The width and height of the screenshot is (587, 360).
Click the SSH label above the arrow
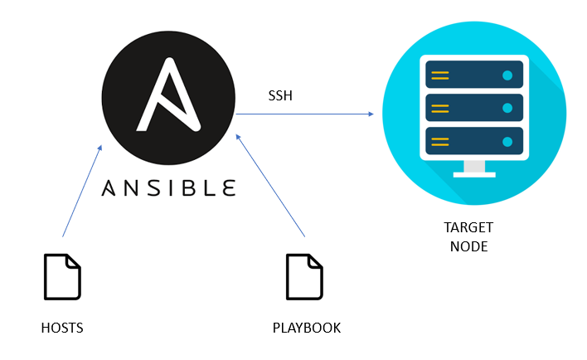tap(279, 96)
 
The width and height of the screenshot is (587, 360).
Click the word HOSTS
tap(62, 328)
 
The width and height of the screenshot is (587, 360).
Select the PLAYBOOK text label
tap(307, 328)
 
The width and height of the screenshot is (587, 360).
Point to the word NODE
tap(468, 247)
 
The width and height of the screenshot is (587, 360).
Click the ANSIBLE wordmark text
tap(168, 187)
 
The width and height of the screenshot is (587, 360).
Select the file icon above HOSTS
tap(63, 276)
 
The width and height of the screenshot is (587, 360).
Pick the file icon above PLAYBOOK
tap(304, 276)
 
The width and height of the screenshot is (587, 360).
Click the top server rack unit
tap(473, 75)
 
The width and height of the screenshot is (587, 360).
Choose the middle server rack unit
tap(473, 108)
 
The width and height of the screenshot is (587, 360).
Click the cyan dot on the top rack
tap(507, 75)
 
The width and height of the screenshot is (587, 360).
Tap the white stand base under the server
tap(473, 174)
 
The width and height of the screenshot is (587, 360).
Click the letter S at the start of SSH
tap(271, 96)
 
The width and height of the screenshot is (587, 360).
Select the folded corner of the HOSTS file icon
tap(75, 260)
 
